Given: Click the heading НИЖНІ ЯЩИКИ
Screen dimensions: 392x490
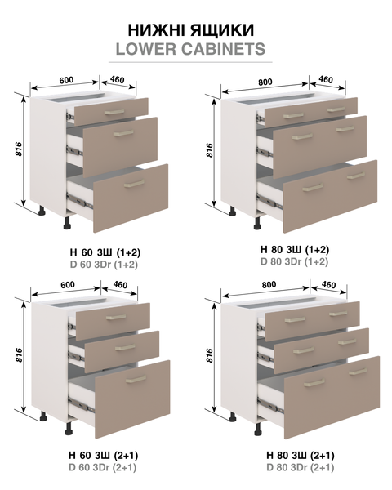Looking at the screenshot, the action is click(x=190, y=30).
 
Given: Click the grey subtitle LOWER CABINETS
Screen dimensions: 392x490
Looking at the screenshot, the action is click(x=190, y=49).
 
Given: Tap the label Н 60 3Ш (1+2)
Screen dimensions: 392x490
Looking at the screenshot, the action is click(x=105, y=252).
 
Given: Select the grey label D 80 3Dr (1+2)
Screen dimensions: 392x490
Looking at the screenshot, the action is click(x=295, y=261).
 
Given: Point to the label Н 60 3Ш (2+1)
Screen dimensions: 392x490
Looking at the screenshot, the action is click(x=103, y=456).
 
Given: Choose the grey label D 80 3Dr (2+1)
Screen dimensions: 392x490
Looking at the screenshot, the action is click(x=301, y=468).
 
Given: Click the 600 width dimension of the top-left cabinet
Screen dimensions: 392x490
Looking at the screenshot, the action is click(x=66, y=80).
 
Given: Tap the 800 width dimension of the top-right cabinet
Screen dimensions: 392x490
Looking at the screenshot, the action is click(x=265, y=82).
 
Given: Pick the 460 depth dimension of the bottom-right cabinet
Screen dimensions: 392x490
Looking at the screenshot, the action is click(x=328, y=285).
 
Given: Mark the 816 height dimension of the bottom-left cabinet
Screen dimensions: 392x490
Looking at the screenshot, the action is click(x=19, y=355).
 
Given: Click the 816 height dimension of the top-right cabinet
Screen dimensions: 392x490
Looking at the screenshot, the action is click(x=209, y=150).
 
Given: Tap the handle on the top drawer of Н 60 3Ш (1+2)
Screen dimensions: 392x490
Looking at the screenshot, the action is click(x=114, y=112).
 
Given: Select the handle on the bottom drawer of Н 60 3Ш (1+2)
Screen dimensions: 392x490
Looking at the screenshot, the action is click(x=134, y=184).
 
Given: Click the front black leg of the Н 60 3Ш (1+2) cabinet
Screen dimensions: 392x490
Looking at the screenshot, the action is click(x=68, y=223).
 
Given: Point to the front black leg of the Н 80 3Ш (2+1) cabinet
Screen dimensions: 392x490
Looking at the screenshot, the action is click(x=258, y=429).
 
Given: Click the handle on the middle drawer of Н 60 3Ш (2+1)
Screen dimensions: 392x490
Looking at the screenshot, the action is click(x=125, y=347).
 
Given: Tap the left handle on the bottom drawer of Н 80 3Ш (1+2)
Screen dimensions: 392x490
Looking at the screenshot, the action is click(x=313, y=188).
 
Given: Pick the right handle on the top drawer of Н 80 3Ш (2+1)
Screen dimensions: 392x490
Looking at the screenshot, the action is click(x=338, y=314).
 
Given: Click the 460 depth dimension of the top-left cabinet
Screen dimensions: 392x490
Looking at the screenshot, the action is click(x=118, y=80).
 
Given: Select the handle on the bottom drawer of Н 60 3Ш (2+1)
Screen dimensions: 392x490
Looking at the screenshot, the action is click(x=136, y=380).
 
